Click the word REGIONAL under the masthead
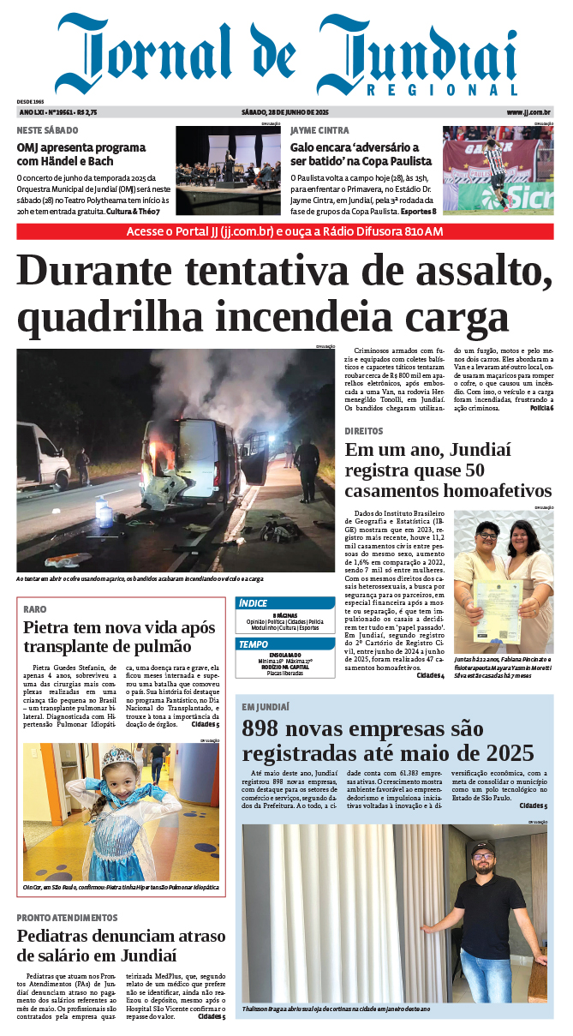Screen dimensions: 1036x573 tap(442, 90)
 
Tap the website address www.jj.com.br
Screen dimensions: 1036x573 tap(528, 112)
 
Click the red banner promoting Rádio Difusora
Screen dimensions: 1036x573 tap(285, 232)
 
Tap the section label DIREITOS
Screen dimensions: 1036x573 tap(364, 431)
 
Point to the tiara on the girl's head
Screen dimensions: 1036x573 tap(116, 759)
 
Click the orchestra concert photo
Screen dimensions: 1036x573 tap(228, 170)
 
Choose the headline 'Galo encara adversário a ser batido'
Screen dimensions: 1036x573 tap(354, 154)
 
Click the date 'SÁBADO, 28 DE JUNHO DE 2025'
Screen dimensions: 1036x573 tap(285, 112)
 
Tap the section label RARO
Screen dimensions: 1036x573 tap(35, 608)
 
